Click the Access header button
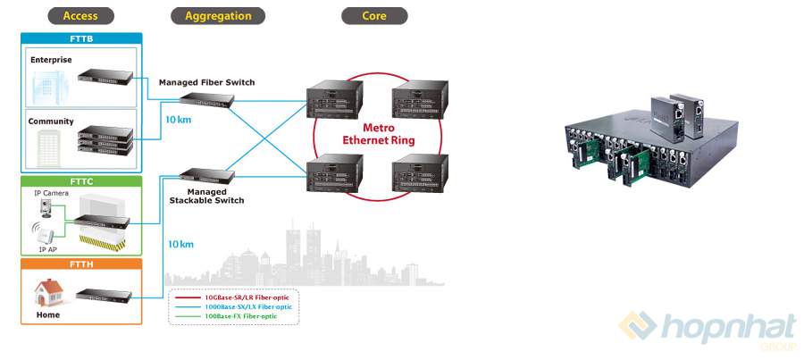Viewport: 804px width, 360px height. click(x=80, y=15)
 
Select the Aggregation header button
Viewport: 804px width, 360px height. click(x=218, y=15)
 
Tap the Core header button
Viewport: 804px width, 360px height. click(x=374, y=15)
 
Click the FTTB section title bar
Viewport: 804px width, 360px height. click(x=80, y=38)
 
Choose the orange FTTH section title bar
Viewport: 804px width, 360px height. click(x=80, y=264)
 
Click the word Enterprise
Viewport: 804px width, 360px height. click(x=50, y=59)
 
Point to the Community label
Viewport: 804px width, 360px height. click(x=50, y=121)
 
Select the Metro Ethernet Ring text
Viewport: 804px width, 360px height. click(x=379, y=134)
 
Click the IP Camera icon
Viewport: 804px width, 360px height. click(x=44, y=209)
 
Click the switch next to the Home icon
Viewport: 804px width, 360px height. click(x=104, y=295)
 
